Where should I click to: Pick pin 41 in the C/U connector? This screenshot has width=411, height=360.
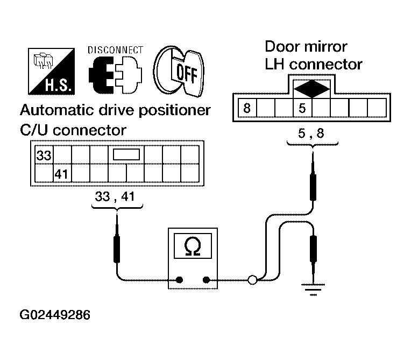pos(61,173)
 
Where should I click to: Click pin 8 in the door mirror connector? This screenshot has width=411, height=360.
pos(247,108)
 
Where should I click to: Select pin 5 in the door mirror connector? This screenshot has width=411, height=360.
pos(302,108)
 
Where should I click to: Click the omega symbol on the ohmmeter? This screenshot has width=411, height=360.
pos(192,247)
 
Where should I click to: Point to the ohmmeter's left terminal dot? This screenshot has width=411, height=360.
pos(179,279)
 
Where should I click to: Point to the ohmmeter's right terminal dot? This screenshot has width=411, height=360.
pos(206,279)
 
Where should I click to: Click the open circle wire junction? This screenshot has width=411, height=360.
pos(252,279)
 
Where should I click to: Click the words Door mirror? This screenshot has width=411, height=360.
pos(306,47)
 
